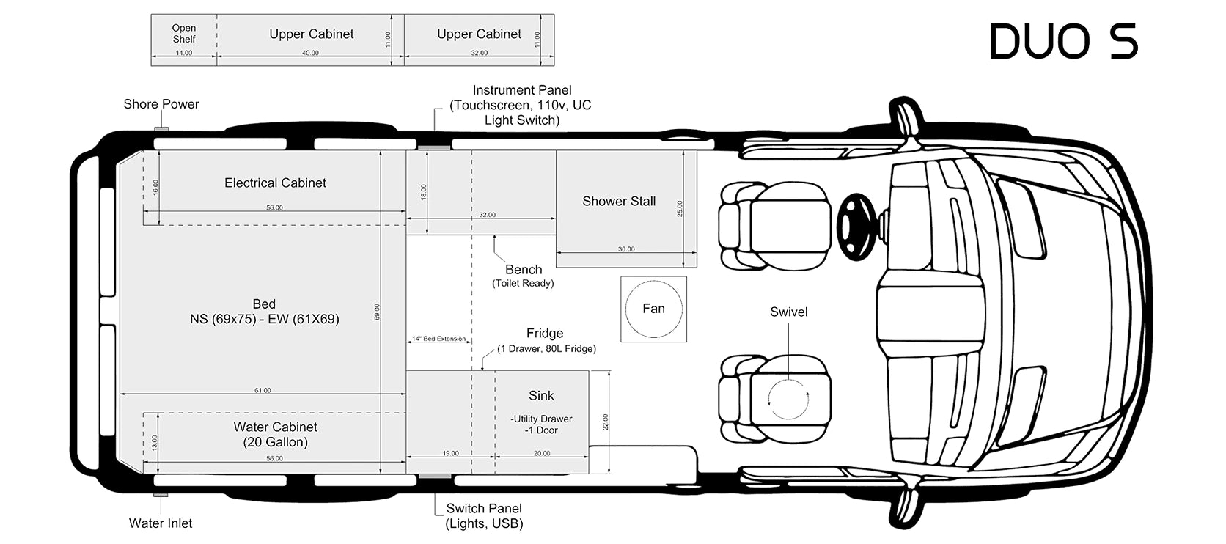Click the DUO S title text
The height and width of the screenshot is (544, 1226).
[x=1063, y=41]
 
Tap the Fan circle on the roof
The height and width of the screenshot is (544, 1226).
[x=653, y=309]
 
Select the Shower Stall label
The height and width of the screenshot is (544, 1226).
[x=619, y=201]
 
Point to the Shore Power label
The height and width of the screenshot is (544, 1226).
[x=161, y=104]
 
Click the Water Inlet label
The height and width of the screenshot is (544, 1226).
[x=161, y=523]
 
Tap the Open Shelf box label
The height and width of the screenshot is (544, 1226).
[x=184, y=34]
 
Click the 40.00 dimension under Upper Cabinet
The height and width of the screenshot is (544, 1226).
[x=310, y=54]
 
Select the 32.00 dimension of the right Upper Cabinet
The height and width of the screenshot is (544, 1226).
[x=479, y=54]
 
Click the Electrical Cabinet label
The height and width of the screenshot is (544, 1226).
[x=275, y=183]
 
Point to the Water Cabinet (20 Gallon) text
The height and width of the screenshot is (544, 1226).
[x=275, y=434]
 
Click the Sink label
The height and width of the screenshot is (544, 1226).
[x=541, y=395]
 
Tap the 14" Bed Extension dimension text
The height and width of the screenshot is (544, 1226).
[x=438, y=339]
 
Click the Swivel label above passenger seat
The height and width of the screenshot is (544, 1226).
[x=789, y=312]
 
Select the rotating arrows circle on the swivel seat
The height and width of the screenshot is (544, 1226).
[x=788, y=399]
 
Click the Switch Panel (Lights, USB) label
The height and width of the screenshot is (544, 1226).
[x=484, y=515]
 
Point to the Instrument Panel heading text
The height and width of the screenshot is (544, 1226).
[x=522, y=90]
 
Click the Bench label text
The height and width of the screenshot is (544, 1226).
[x=524, y=270]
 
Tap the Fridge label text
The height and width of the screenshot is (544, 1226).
[x=545, y=333]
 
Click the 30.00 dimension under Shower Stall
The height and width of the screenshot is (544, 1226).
[x=626, y=249]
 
